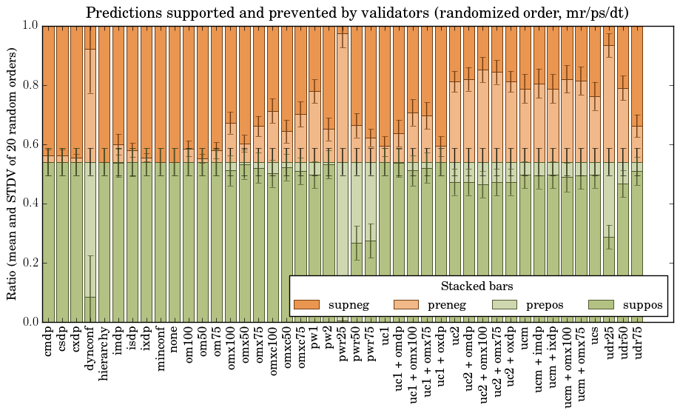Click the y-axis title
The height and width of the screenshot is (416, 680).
(x=13, y=173)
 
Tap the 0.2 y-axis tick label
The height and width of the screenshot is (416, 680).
(x=30, y=263)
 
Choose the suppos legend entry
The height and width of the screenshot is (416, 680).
(x=626, y=305)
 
